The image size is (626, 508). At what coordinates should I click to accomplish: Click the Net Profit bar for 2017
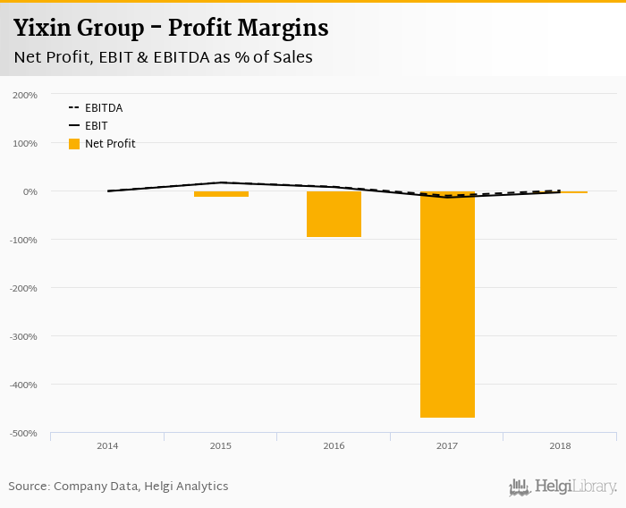(447, 304)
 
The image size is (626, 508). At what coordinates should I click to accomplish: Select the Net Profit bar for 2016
(334, 214)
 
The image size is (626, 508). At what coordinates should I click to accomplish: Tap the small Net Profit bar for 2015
(221, 193)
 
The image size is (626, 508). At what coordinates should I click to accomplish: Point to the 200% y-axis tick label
(25, 95)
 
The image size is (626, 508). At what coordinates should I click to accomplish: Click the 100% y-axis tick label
(25, 143)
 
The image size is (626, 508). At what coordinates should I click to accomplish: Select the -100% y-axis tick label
(23, 240)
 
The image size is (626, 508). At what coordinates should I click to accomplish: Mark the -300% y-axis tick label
(23, 336)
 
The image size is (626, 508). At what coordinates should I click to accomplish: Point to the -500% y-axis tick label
(23, 433)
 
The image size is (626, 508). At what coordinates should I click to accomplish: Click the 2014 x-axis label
(107, 445)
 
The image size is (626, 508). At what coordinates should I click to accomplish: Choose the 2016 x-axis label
(334, 445)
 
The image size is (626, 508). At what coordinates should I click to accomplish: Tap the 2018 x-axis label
(560, 445)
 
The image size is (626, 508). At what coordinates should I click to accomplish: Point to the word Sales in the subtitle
(287, 57)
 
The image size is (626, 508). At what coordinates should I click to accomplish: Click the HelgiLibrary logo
(563, 487)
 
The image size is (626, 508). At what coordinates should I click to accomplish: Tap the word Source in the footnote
(28, 487)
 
